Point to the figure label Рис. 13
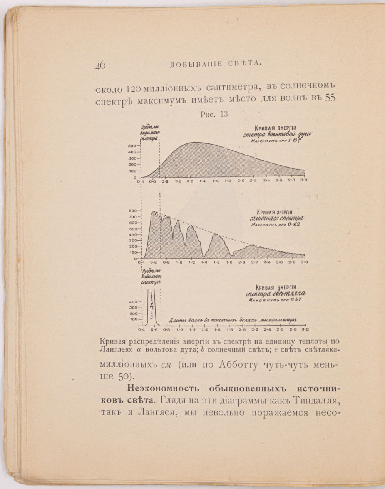click(215, 114)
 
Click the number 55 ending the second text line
click(330, 98)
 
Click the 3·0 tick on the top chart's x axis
click(304, 181)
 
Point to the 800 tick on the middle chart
click(132, 211)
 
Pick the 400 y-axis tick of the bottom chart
click(133, 302)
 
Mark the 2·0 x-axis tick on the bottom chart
click(242, 330)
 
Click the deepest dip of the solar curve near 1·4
click(203, 256)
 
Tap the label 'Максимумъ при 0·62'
click(275, 225)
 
